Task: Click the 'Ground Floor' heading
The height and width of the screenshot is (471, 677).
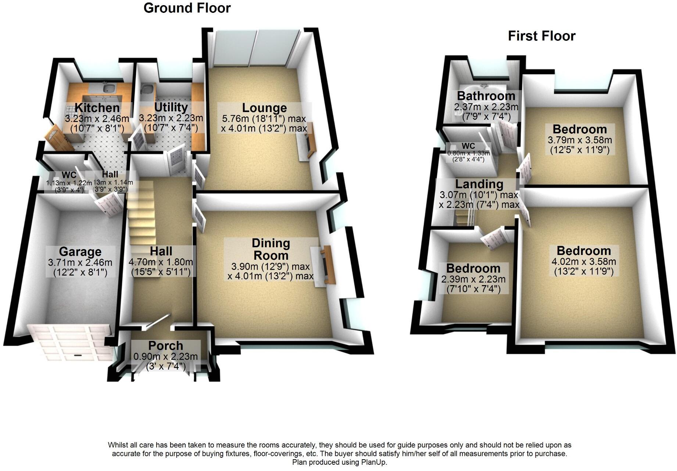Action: [187, 8]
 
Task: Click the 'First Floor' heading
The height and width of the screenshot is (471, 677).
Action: [541, 36]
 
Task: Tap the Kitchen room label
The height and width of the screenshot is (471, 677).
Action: [97, 108]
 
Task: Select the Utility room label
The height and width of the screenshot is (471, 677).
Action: [171, 107]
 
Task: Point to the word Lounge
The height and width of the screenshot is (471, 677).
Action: [264, 108]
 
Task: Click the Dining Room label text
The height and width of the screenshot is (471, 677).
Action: [271, 249]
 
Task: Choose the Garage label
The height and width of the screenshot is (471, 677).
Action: [80, 252]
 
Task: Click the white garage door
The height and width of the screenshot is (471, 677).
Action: [69, 342]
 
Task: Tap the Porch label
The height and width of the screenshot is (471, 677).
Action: [165, 346]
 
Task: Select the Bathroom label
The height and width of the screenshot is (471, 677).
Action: [486, 96]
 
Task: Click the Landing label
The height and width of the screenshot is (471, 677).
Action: [479, 184]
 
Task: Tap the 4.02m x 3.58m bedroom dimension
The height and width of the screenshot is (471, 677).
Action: [584, 262]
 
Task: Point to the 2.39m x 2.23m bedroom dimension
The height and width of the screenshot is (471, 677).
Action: [473, 279]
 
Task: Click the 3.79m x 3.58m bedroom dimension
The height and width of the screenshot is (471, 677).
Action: [580, 140]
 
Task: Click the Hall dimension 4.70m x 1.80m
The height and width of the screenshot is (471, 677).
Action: [161, 262]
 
